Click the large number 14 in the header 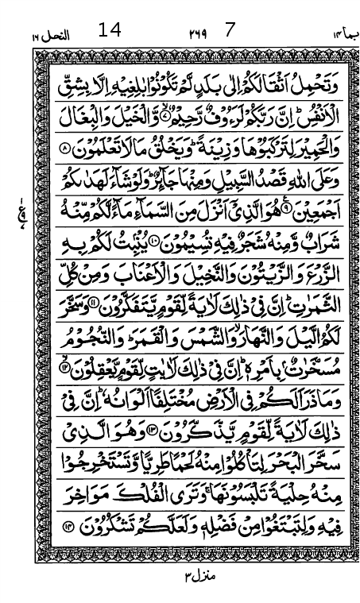(x=110, y=31)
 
